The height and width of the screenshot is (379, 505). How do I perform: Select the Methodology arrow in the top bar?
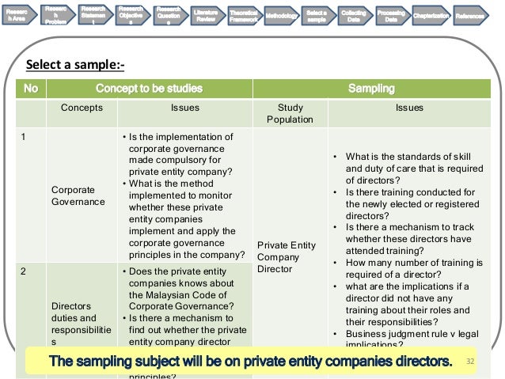283,17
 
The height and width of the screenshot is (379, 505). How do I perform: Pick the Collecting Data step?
354,17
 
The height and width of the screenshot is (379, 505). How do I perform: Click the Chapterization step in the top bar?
432,17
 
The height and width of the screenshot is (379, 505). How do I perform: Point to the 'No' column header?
31,88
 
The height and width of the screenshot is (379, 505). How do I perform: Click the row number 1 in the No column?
24,137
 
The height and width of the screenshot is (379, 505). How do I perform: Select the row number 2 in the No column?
24,271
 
